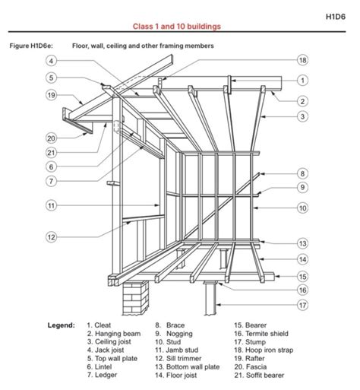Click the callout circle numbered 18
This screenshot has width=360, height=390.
(x=302, y=60)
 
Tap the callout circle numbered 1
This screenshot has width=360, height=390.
(x=302, y=80)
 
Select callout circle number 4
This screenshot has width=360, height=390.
(x=50, y=61)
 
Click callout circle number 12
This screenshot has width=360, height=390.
(x=50, y=237)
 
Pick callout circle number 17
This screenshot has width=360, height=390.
(x=302, y=306)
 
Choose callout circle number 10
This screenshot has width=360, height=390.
(x=302, y=208)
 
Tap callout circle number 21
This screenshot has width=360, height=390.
(x=50, y=153)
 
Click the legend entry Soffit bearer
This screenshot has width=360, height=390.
(x=263, y=375)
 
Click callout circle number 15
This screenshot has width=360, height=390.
(x=302, y=277)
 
